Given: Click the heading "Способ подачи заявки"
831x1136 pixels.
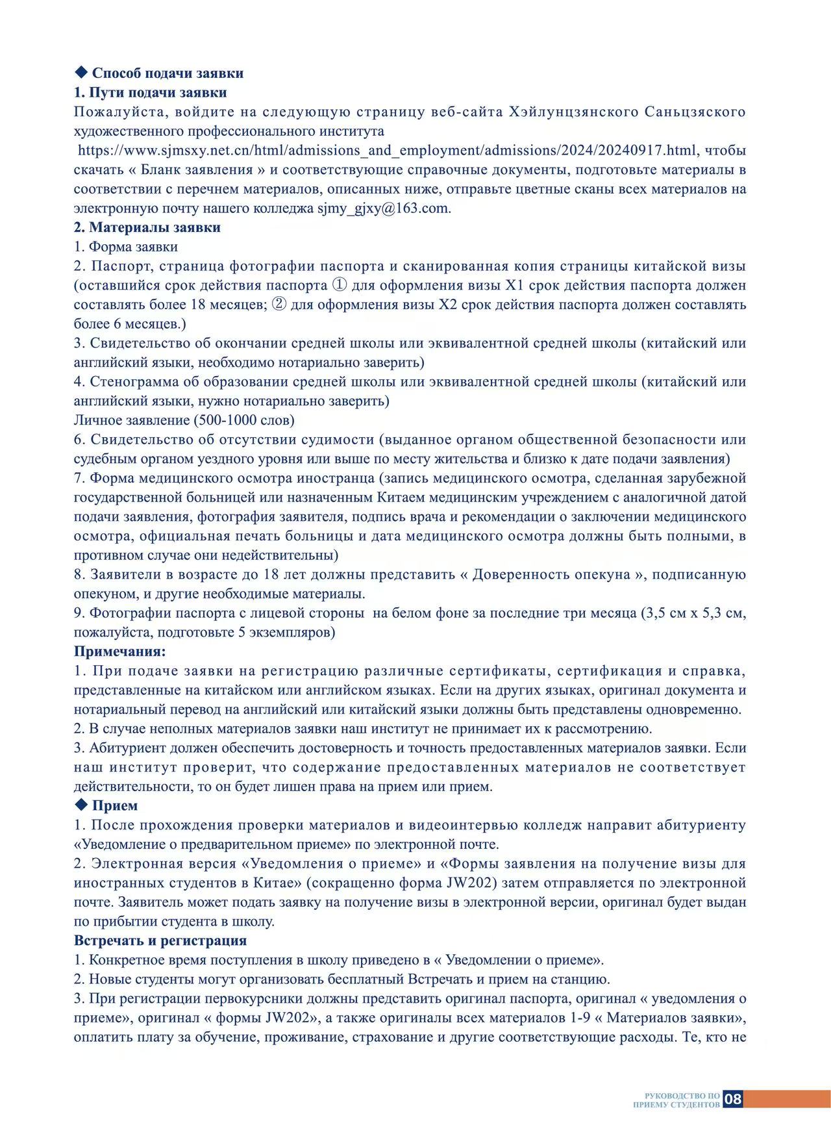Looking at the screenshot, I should point(167,73).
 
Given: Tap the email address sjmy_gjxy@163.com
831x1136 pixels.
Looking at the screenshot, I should point(383,208).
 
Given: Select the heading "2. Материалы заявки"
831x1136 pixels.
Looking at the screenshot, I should point(147,227).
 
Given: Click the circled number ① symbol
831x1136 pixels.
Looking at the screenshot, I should point(340,285).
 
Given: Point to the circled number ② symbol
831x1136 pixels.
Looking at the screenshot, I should point(279,305).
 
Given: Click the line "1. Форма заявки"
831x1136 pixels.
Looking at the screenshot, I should point(126,247).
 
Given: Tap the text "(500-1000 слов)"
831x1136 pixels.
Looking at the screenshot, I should point(244,420).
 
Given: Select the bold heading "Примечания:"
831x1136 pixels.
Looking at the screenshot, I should point(120,651).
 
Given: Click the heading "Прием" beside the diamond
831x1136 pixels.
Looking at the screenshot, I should point(115,806).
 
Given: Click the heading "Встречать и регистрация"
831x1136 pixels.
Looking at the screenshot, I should point(160,940).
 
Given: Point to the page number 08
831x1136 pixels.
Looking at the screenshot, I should point(733,1099).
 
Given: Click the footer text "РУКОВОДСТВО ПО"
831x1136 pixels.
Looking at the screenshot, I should point(682,1095).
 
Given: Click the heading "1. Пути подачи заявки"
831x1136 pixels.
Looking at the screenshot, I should point(150,93).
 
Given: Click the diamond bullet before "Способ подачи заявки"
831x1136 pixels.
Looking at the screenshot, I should point(81,72).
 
